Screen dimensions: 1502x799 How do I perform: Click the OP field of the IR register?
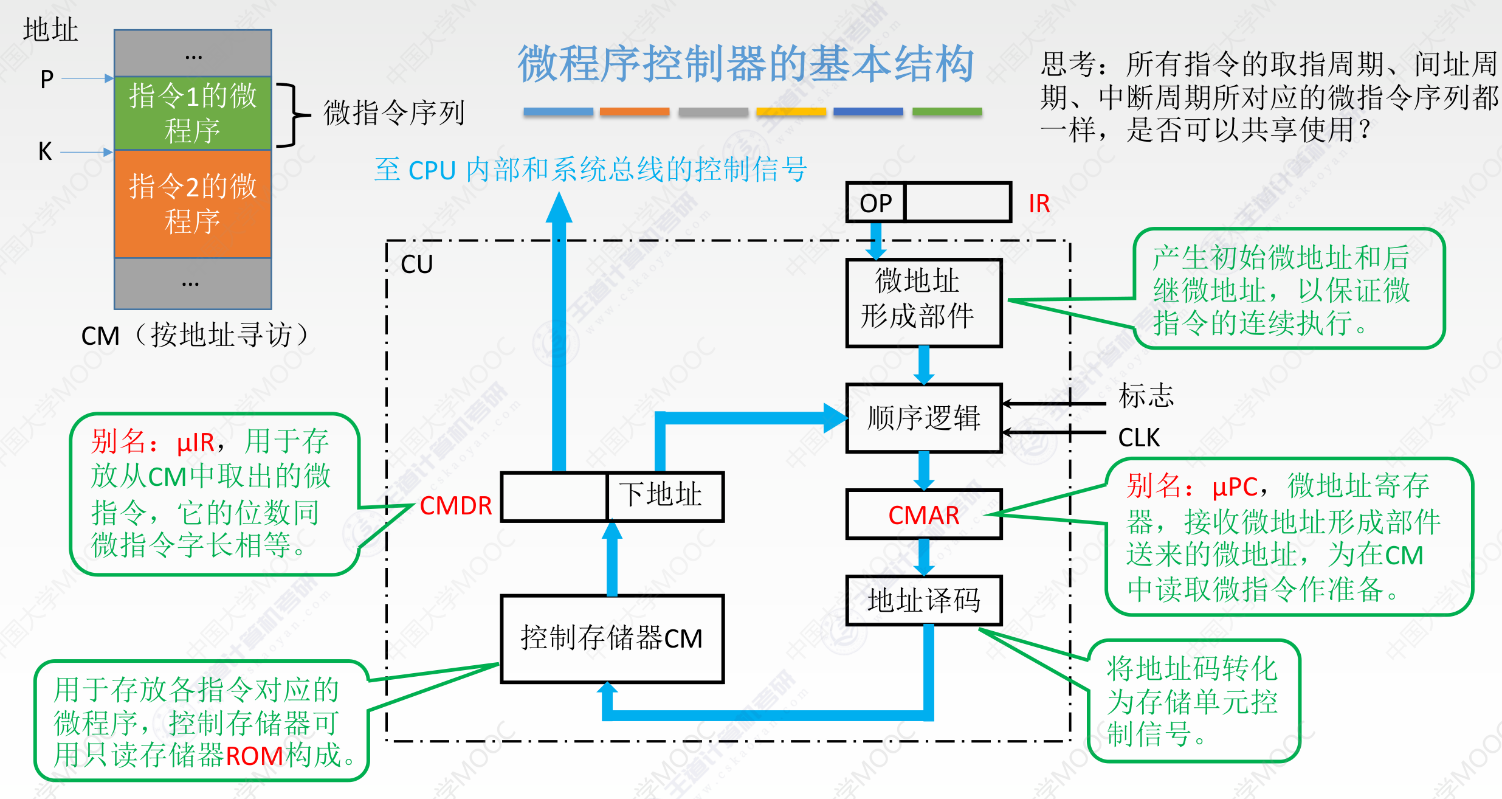876,202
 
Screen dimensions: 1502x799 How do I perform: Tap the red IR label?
1039,204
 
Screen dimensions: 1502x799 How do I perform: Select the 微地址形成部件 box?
923,303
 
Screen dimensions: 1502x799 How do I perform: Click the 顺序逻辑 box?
923,418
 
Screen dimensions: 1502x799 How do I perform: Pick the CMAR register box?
923,514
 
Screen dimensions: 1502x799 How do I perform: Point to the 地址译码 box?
923,600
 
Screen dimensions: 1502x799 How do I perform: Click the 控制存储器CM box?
612,638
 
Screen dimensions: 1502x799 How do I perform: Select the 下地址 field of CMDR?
665,496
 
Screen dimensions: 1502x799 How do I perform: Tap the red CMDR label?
456,506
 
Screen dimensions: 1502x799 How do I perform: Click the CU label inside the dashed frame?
417,265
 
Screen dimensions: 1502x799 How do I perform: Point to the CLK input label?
1139,438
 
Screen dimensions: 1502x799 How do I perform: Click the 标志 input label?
1146,396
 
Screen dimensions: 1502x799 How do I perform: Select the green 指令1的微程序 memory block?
193,113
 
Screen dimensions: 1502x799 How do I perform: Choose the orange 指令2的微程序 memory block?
193,204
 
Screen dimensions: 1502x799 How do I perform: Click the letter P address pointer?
47,79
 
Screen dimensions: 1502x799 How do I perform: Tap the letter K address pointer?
45,151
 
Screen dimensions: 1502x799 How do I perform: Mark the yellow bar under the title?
791,112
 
